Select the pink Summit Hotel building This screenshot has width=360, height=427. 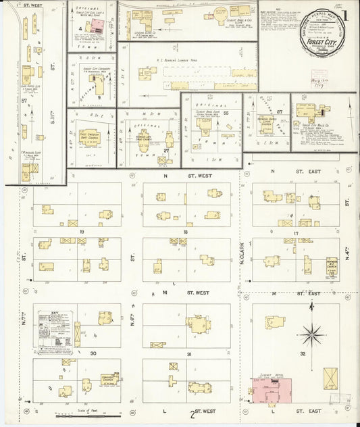[x=272, y=388]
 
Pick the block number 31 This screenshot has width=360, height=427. [x=190, y=353]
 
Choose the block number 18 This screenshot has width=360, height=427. [x=184, y=231]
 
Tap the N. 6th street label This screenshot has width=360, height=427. [x=132, y=318]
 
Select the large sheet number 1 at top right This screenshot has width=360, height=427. [x=344, y=15]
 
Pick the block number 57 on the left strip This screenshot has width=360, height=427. [x=23, y=101]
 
